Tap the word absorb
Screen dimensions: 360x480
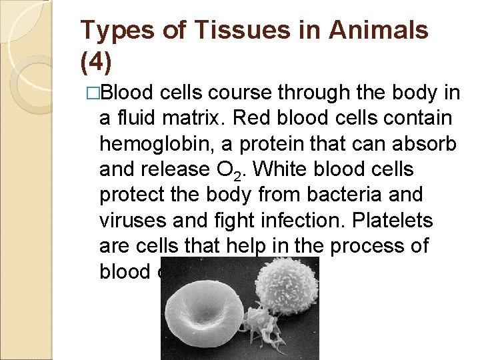(424, 145)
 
